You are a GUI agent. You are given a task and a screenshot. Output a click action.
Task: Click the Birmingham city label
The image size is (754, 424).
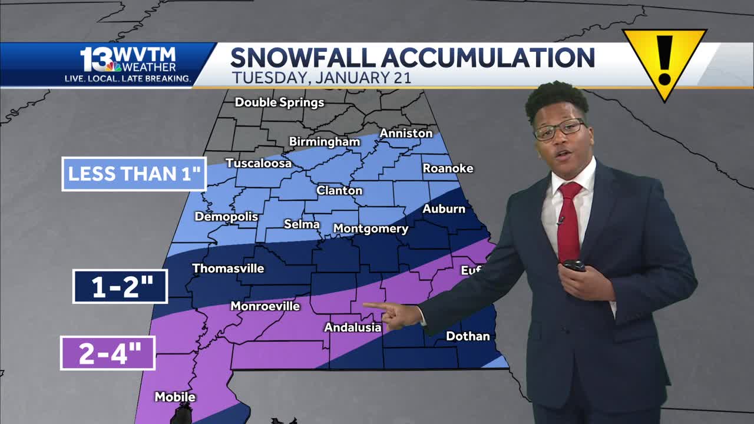pyautogui.click(x=324, y=142)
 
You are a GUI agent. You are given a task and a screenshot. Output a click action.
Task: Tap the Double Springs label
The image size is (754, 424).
pyautogui.click(x=279, y=102)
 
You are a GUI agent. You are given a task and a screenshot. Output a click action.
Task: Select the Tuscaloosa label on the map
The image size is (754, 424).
pyautogui.click(x=259, y=163)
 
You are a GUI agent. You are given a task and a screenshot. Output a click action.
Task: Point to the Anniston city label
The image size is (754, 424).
pyautogui.click(x=406, y=134)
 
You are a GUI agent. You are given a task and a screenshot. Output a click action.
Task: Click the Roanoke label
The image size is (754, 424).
pyautogui.click(x=448, y=168)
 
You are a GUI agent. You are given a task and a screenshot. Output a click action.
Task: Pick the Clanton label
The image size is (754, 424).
pyautogui.click(x=339, y=190)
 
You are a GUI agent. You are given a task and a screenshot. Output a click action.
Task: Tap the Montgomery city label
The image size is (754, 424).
pyautogui.click(x=371, y=228)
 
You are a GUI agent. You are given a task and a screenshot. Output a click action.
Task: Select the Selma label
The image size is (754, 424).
pyautogui.click(x=302, y=224)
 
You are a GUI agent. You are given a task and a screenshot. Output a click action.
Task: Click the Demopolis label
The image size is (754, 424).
pyautogui.click(x=226, y=217)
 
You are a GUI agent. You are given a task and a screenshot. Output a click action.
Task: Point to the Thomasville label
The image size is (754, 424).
pyautogui.click(x=228, y=269)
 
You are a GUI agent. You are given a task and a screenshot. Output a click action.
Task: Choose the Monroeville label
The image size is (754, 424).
pyautogui.click(x=265, y=306)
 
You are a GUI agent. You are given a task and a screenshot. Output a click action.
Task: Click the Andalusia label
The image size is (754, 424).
pyautogui.click(x=353, y=327)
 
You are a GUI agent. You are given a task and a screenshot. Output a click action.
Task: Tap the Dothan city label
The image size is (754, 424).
pyautogui.click(x=468, y=336)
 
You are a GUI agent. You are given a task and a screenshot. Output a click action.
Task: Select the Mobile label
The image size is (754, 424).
pyautogui.click(x=175, y=397)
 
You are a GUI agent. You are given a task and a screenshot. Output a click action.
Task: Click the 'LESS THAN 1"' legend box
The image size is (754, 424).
pyautogui.click(x=134, y=174)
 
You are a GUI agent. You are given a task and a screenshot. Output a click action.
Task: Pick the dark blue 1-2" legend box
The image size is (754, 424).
pyautogui.click(x=121, y=286)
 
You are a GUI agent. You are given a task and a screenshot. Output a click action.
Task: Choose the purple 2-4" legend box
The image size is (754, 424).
pyautogui.click(x=108, y=353)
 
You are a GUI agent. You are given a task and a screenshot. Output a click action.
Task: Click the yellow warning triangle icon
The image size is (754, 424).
pyautogui.click(x=664, y=59)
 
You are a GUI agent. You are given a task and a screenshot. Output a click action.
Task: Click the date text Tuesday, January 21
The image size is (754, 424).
pyautogui.click(x=321, y=77)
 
